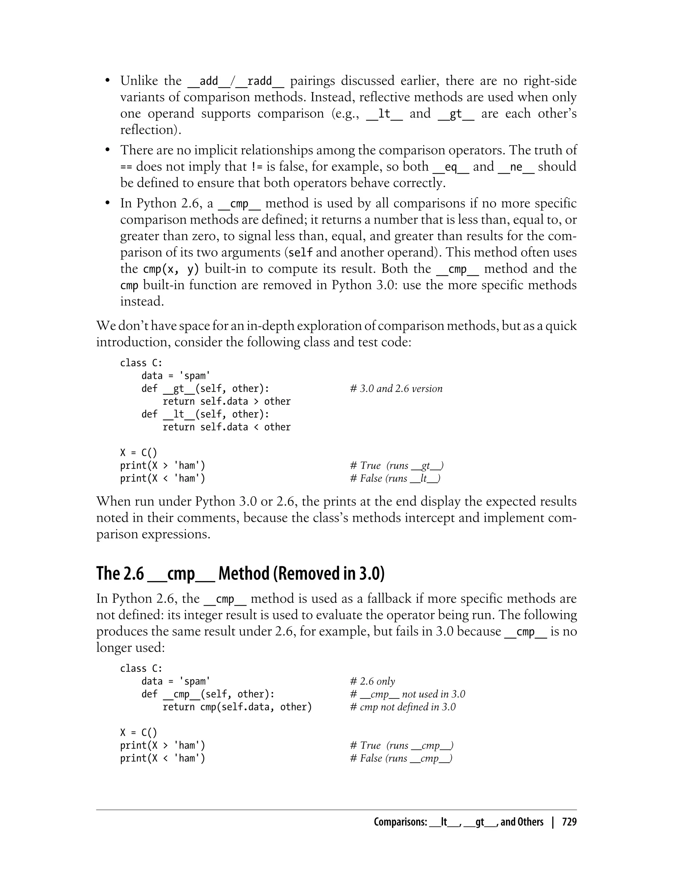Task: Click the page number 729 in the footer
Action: click(x=569, y=822)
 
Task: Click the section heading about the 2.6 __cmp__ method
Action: click(x=240, y=574)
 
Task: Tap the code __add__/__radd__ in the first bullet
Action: click(x=236, y=81)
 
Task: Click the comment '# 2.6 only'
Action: click(x=373, y=681)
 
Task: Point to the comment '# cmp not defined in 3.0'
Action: click(x=403, y=707)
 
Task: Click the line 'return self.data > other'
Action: click(x=226, y=401)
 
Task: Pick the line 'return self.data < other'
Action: click(x=226, y=427)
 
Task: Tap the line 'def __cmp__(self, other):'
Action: click(x=208, y=694)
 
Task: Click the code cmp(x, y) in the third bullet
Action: click(x=171, y=269)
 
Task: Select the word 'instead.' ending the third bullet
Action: click(x=142, y=302)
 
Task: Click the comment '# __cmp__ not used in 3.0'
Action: click(x=407, y=694)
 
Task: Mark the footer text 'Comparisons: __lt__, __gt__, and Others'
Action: click(x=458, y=822)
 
